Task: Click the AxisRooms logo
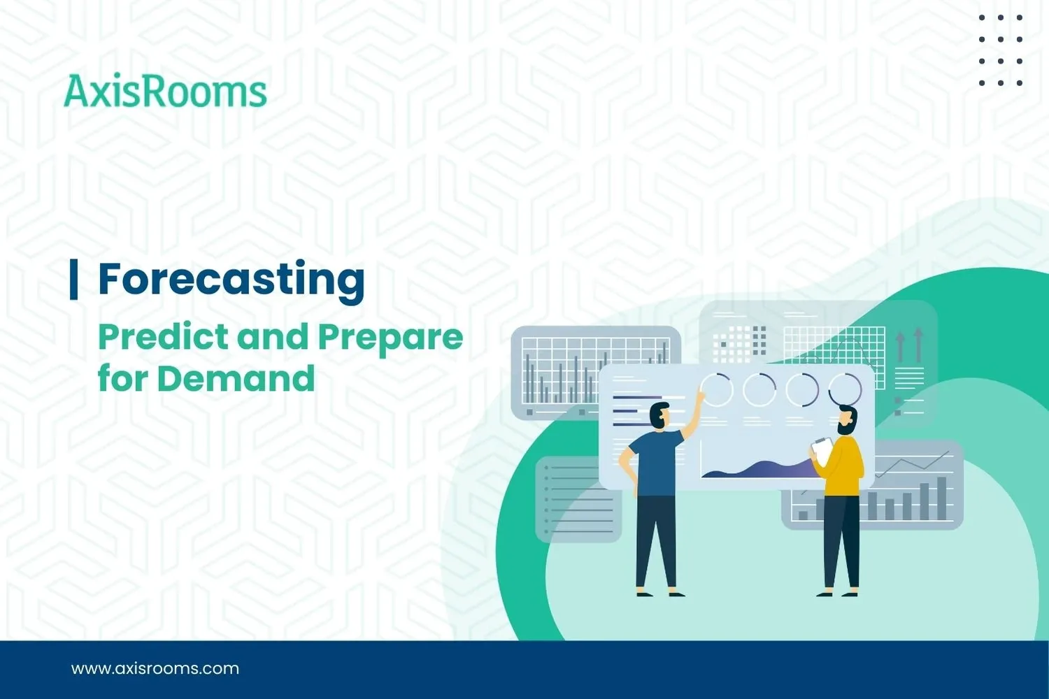point(165,92)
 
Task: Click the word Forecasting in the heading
point(231,279)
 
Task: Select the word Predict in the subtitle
point(163,337)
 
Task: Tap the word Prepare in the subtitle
point(390,338)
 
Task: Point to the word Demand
point(236,379)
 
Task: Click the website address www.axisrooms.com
point(155,668)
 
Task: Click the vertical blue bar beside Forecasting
point(73,279)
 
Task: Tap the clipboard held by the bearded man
point(823,449)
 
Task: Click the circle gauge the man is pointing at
point(716,389)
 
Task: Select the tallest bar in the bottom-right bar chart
point(941,498)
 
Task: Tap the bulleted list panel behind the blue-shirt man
point(578,499)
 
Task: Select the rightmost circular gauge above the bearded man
point(845,389)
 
